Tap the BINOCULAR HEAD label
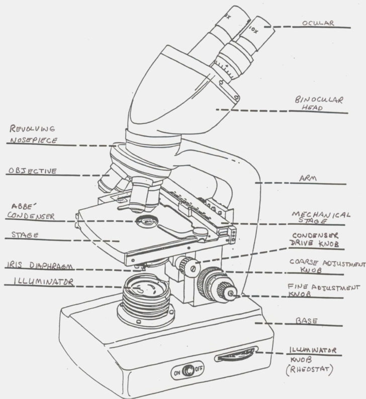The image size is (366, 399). (x=319, y=103)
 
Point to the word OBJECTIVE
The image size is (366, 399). (x=32, y=171)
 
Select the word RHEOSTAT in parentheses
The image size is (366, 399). (x=311, y=371)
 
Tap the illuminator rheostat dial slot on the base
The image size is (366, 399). (x=235, y=356)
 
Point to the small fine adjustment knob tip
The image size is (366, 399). (x=232, y=294)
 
